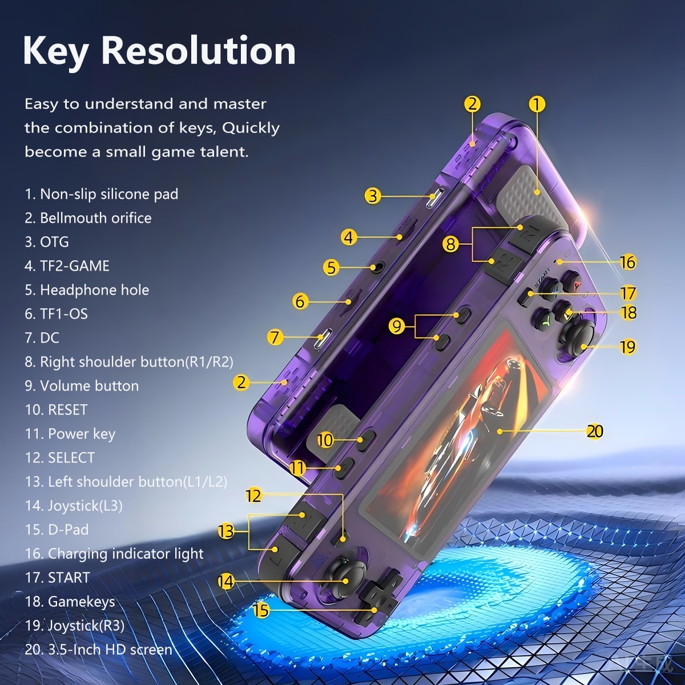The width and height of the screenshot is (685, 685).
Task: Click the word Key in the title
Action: (x=55, y=51)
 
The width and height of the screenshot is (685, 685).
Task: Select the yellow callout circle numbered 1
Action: (x=537, y=104)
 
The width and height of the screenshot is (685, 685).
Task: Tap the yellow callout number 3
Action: (x=373, y=196)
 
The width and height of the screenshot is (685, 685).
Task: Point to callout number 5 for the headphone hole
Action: (x=331, y=268)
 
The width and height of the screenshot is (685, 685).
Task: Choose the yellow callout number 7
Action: (x=275, y=337)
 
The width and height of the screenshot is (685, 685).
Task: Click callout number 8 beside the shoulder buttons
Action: (x=451, y=244)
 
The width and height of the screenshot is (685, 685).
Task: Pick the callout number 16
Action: (x=627, y=263)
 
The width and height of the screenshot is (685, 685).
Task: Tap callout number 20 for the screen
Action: (x=595, y=431)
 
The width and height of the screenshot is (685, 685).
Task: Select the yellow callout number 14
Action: (x=225, y=582)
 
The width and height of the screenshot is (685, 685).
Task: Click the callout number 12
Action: (x=253, y=495)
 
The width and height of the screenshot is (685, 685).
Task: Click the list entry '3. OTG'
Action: (x=47, y=241)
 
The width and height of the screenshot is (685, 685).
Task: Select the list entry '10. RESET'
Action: (x=56, y=410)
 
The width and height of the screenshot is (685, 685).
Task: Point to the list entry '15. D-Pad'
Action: (x=57, y=530)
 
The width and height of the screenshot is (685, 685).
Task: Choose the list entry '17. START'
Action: (x=57, y=578)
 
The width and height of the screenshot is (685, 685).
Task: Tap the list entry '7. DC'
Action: (x=42, y=338)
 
